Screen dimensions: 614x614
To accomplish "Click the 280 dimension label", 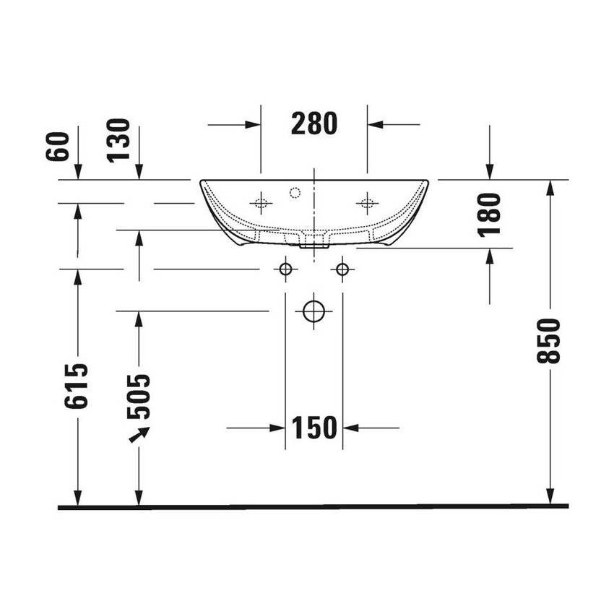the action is (x=314, y=124).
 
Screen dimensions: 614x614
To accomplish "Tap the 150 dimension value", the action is (x=314, y=427).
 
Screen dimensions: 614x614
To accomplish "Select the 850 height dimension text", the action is (x=548, y=341).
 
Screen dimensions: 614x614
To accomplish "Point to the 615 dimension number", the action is (x=77, y=386).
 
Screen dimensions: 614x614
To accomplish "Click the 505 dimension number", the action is (x=138, y=397).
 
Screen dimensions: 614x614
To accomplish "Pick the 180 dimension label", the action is (x=490, y=215).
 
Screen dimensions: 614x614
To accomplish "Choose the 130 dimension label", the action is (x=118, y=140).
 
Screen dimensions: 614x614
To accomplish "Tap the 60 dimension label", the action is (x=58, y=146).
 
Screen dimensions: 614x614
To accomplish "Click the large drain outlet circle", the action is (x=314, y=311).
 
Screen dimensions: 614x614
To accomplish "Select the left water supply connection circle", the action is (x=285, y=269).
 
